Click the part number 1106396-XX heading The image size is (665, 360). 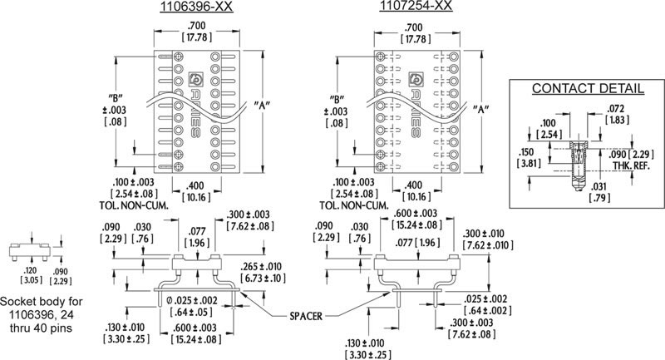196,7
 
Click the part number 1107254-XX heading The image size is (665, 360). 416,6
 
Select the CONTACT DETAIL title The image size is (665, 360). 588,88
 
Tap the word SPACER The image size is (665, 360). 306,316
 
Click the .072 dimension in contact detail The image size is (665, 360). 616,109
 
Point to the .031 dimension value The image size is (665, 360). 598,186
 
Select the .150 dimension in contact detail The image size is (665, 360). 528,152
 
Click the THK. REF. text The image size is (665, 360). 631,165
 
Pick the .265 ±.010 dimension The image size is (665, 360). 260,267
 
